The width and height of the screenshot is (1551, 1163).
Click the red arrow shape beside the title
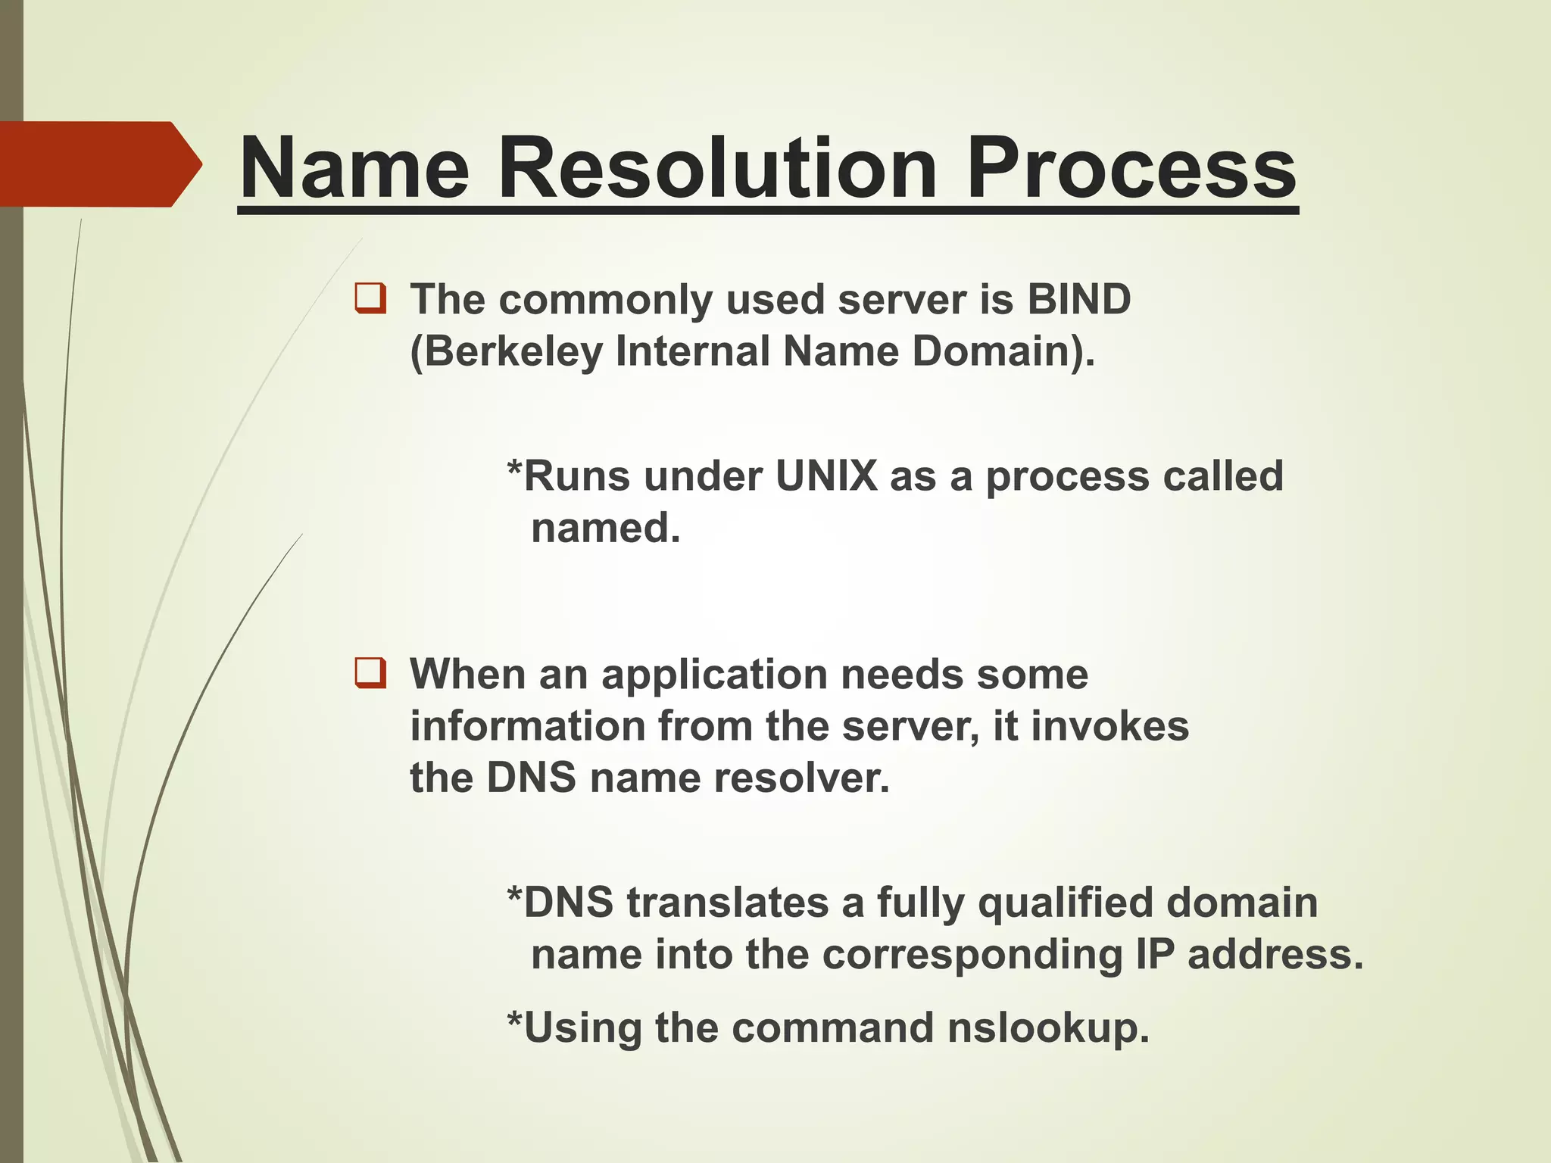point(98,164)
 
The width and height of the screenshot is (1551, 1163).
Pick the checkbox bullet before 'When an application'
point(370,673)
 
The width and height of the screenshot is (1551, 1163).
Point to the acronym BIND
point(1078,299)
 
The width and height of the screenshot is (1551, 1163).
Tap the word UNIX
point(826,476)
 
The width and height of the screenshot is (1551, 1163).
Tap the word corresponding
point(972,954)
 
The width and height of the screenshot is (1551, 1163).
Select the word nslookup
point(1048,1028)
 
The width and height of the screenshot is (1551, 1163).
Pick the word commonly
point(605,300)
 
